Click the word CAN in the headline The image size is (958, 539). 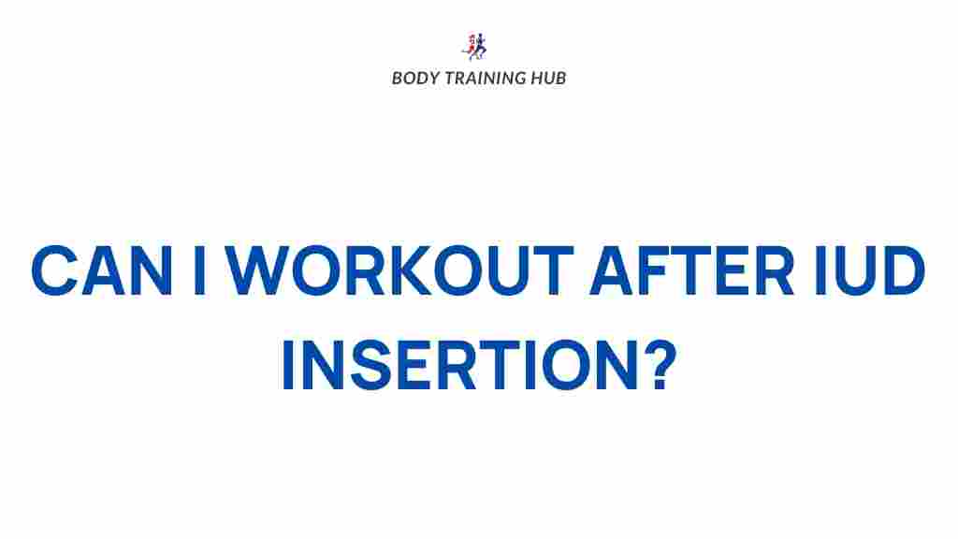click(104, 272)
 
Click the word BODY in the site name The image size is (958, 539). click(411, 79)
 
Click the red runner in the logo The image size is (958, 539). click(470, 46)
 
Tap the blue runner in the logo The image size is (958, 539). click(481, 45)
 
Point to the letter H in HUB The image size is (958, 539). click(534, 79)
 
